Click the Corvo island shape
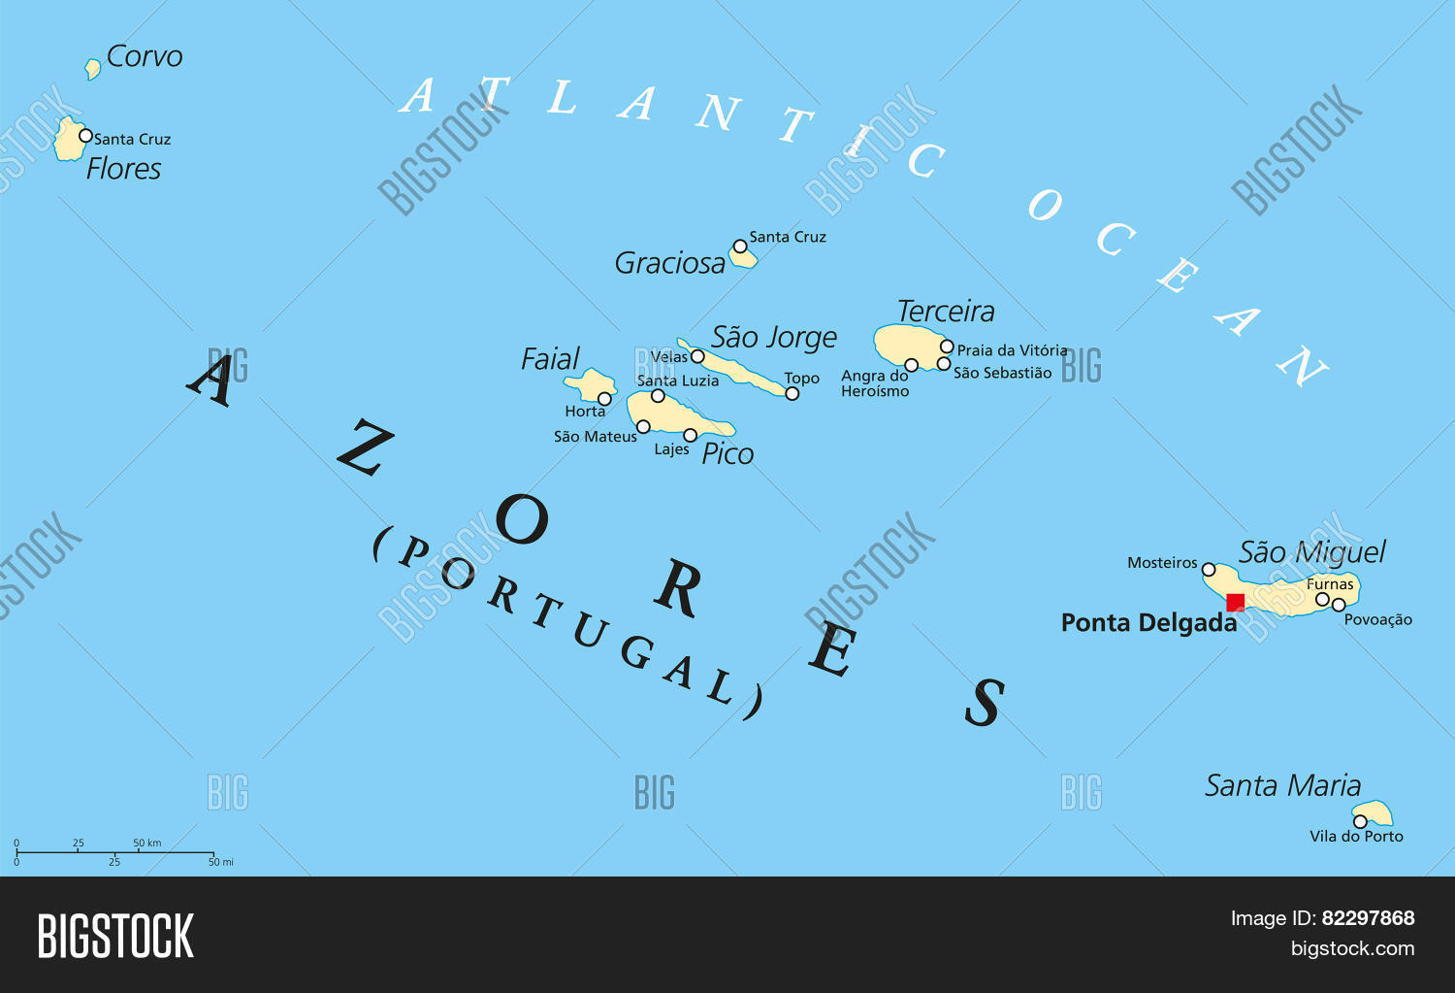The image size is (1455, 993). click(92, 68)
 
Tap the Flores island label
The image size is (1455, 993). click(123, 169)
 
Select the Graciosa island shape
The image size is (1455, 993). click(743, 257)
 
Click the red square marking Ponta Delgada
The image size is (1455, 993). click(1235, 602)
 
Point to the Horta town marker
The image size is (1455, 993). click(604, 399)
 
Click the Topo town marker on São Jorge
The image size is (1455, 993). click(792, 393)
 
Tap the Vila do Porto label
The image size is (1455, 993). click(1356, 836)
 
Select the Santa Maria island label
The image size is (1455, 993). click(1282, 785)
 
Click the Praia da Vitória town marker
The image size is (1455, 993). click(947, 347)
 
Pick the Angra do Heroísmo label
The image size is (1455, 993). click(875, 383)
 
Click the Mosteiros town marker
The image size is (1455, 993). click(1209, 570)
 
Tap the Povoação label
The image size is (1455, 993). click(1377, 620)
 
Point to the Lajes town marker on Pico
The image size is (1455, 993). click(691, 435)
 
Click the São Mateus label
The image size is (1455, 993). click(595, 437)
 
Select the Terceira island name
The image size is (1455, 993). click(946, 312)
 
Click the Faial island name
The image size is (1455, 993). click(550, 359)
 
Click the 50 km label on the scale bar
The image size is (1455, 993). click(147, 843)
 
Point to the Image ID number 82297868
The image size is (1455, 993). click(1368, 918)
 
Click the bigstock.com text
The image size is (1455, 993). click(1352, 949)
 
